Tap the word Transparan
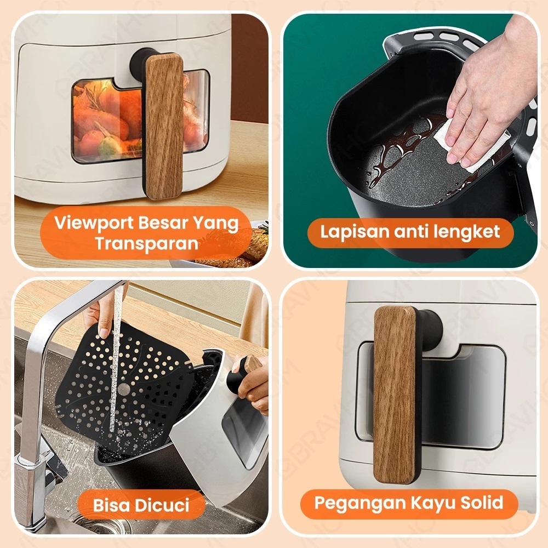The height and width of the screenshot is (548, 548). click(x=147, y=243)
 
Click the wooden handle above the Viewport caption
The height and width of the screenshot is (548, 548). click(x=164, y=126)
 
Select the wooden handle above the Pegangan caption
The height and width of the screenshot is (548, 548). click(x=395, y=395)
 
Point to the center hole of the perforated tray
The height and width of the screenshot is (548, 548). click(x=124, y=389)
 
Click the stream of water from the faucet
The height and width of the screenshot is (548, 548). click(x=115, y=360)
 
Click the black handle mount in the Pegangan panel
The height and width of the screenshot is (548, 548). click(x=429, y=330)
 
